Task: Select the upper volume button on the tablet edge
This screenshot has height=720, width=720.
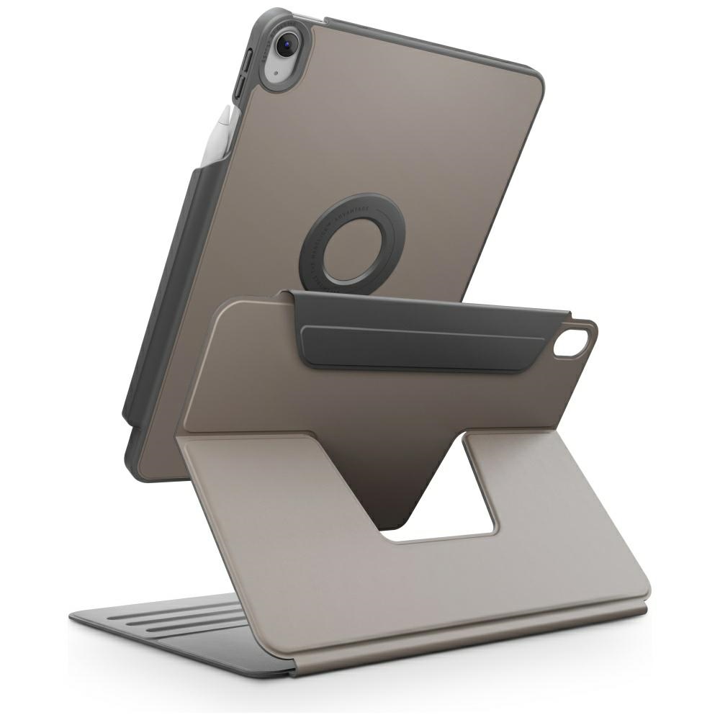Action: pos(248,60)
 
